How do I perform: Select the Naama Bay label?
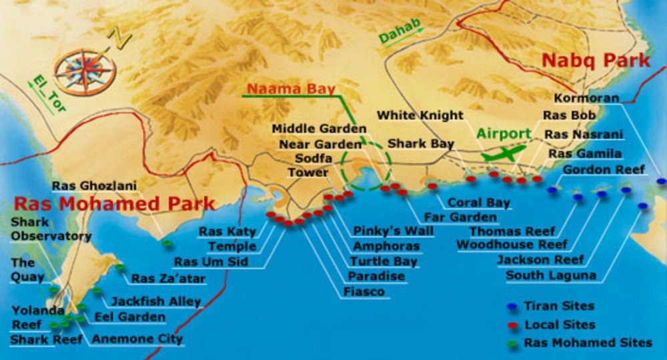tap(291, 88)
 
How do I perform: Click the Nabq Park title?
tap(596, 61)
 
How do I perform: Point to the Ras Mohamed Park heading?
tap(115, 203)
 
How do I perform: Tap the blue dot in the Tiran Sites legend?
tap(512, 307)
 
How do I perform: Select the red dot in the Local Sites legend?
tap(512, 325)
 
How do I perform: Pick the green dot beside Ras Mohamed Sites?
tap(512, 343)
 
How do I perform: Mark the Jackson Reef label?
tap(540, 259)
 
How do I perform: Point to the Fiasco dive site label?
tap(364, 291)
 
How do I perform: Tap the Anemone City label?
tap(137, 339)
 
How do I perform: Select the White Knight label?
tap(420, 115)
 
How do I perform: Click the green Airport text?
tap(503, 133)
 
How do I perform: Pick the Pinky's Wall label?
tap(393, 231)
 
